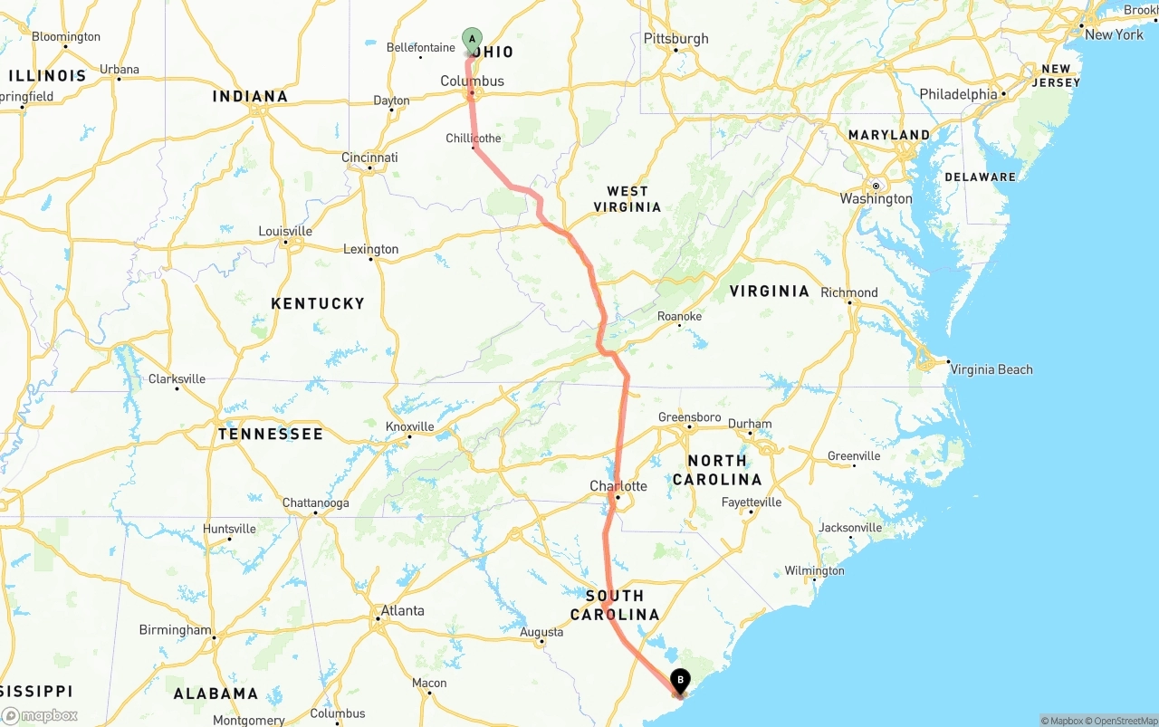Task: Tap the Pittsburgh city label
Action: point(675,38)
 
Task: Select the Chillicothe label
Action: point(473,139)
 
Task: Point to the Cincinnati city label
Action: point(369,158)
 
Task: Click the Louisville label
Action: point(285,231)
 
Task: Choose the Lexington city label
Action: point(370,249)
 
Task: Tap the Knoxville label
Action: point(410,426)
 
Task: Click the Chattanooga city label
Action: point(315,503)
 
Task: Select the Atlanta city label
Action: point(402,610)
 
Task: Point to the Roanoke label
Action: point(679,316)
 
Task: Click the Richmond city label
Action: point(849,292)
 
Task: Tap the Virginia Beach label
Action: point(991,369)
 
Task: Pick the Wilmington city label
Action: point(814,570)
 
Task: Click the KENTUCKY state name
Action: point(318,303)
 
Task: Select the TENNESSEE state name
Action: point(270,435)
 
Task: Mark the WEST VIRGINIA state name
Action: point(627,199)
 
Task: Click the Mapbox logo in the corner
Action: point(40,715)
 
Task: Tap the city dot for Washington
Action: point(876,186)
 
